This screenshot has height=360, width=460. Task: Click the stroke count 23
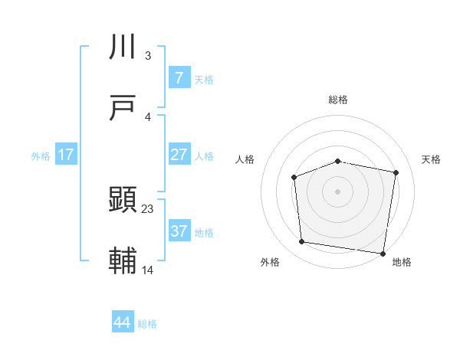coord(148,208)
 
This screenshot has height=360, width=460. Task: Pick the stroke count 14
coord(148,270)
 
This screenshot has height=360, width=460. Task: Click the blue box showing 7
coord(179,78)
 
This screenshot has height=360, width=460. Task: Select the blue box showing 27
coord(179,155)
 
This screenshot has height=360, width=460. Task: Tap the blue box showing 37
coord(179,231)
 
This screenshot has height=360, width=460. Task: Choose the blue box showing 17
coord(66,155)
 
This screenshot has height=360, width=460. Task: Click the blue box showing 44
coord(123,322)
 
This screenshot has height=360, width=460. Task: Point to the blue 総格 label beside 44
coord(147,324)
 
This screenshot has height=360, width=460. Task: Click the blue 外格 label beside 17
coord(41,155)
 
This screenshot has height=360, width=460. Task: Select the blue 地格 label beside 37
coord(204,232)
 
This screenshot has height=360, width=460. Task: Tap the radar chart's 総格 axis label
coord(337,100)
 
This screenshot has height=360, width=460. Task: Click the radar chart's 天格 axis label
coord(431,159)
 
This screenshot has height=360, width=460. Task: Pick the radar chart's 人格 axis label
coord(245,159)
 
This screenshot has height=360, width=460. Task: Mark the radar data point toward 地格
coord(383,253)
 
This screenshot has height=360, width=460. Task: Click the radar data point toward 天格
coord(396,172)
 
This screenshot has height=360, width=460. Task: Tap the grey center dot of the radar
coord(337,191)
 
